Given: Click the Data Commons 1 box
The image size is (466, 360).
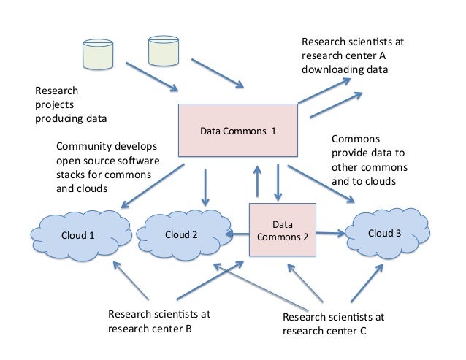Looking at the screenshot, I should [238, 131].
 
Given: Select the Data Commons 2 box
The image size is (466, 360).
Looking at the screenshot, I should [282, 230].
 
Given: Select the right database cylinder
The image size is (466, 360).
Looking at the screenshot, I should [163, 50].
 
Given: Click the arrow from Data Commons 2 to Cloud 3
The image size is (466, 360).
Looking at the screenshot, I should [332, 234].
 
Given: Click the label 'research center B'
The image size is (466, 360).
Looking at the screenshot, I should [150, 329].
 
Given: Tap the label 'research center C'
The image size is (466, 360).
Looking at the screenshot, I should [324, 331].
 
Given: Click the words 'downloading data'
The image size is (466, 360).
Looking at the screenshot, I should [344, 69].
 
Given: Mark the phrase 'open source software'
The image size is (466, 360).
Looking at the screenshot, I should [107, 160].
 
